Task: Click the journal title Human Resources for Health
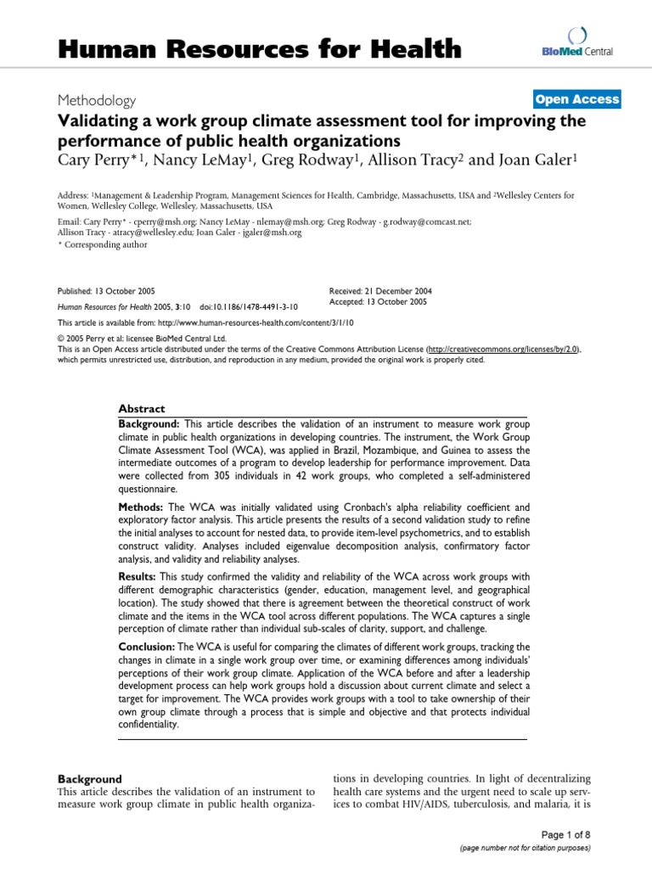click(259, 50)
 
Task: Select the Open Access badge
click(577, 99)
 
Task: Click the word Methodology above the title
click(97, 100)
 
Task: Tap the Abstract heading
click(142, 408)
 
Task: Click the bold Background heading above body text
click(89, 778)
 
